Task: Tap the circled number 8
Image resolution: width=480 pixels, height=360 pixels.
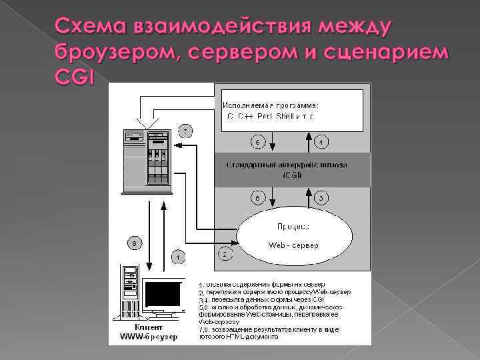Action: point(135,244)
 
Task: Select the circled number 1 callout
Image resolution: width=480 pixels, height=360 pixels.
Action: point(178,255)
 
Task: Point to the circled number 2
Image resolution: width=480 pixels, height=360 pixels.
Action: point(225,253)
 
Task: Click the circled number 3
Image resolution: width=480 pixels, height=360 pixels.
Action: point(321,198)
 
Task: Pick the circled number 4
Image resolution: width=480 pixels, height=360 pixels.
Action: point(321,142)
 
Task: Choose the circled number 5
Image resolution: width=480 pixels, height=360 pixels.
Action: point(258,142)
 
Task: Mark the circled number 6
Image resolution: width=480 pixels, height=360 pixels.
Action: point(258,198)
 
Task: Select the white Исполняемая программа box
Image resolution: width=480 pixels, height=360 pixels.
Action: point(292,110)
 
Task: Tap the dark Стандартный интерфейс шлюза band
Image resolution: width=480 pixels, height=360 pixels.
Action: point(292,170)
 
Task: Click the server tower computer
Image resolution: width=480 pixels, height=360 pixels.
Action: point(147,160)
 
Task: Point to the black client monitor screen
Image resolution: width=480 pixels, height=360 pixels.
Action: point(163,294)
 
